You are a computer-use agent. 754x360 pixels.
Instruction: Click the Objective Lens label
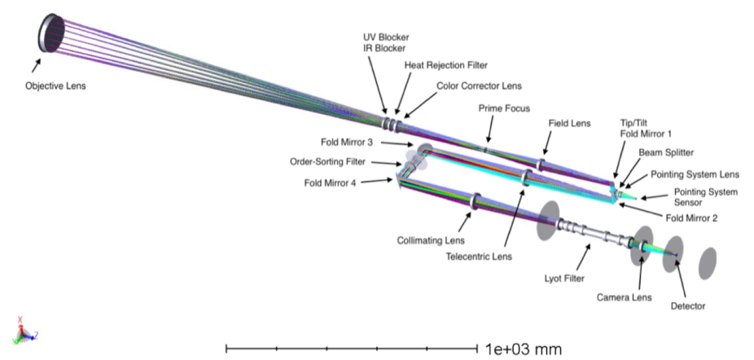[x=55, y=84]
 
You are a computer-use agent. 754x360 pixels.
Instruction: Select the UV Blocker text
[x=385, y=37]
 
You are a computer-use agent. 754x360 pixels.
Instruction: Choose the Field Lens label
[x=568, y=124]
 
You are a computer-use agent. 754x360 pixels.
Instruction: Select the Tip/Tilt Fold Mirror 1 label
[x=643, y=130]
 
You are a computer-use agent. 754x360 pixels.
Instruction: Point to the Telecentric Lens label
[x=479, y=257]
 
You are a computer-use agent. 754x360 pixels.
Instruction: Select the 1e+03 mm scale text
[x=522, y=349]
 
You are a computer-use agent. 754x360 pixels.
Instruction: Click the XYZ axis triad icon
[x=22, y=330]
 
